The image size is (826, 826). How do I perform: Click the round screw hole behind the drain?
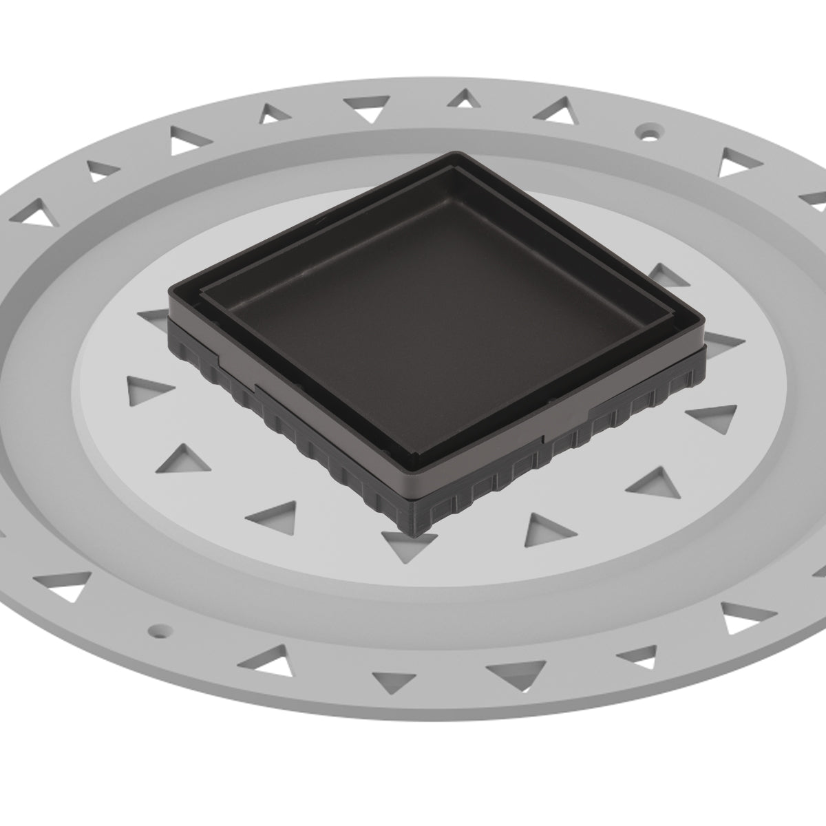pos(648,129)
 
